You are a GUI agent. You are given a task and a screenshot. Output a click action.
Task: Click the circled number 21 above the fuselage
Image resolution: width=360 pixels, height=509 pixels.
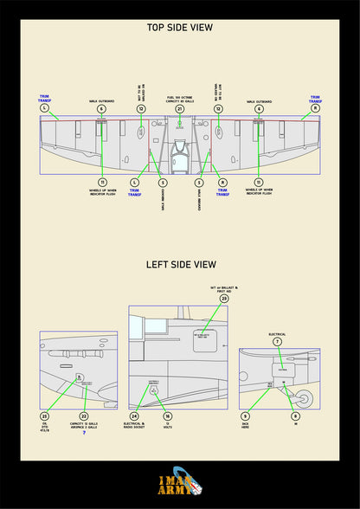(179, 109)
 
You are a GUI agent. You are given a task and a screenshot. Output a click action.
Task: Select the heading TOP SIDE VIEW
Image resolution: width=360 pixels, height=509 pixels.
(179, 28)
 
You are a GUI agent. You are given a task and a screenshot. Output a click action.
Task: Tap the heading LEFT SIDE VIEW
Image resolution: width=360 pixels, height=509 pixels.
(180, 264)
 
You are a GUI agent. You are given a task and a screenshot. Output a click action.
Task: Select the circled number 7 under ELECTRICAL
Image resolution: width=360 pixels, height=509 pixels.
(277, 342)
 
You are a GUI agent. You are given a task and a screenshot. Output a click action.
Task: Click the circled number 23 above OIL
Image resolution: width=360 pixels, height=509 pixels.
(44, 416)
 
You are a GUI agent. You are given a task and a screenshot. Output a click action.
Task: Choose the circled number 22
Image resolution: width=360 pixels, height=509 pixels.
(84, 416)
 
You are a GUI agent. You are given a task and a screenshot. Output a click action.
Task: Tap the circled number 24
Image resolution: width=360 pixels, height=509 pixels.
(134, 416)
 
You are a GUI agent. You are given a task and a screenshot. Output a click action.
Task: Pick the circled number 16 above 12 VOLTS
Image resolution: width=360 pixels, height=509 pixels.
(167, 416)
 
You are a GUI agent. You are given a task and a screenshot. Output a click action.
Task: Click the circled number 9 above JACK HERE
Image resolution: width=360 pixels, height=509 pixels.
(245, 416)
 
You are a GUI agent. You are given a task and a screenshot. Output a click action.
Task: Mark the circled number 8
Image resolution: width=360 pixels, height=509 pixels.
(295, 416)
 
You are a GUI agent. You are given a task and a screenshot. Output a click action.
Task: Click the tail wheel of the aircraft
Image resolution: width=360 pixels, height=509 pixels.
(305, 399)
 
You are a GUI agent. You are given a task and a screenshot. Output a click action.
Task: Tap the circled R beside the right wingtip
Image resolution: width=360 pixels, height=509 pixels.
(315, 108)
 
